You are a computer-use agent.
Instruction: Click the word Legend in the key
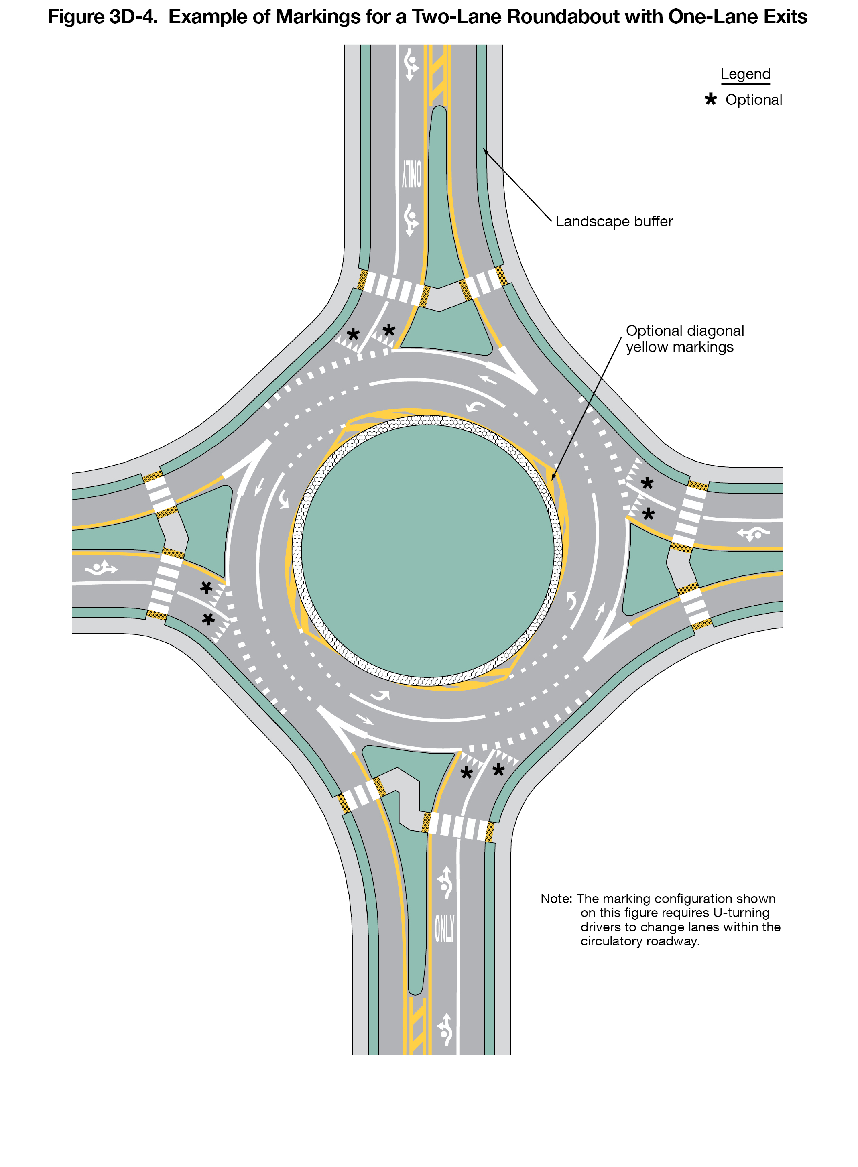pyautogui.click(x=745, y=74)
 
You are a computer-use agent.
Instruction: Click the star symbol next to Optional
pyautogui.click(x=710, y=99)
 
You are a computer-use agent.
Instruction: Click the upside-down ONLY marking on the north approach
pyautogui.click(x=412, y=174)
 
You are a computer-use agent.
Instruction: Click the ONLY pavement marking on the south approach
pyautogui.click(x=444, y=929)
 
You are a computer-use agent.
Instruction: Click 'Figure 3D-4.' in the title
pyautogui.click(x=102, y=17)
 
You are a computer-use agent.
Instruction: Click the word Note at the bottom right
pyautogui.click(x=556, y=898)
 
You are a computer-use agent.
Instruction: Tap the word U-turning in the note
pyautogui.click(x=741, y=913)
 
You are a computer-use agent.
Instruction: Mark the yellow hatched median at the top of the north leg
pyautogui.click(x=437, y=75)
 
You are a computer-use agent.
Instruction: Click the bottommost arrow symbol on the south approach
pyautogui.click(x=445, y=1029)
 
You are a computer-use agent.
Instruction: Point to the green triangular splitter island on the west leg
pyautogui.click(x=207, y=530)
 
